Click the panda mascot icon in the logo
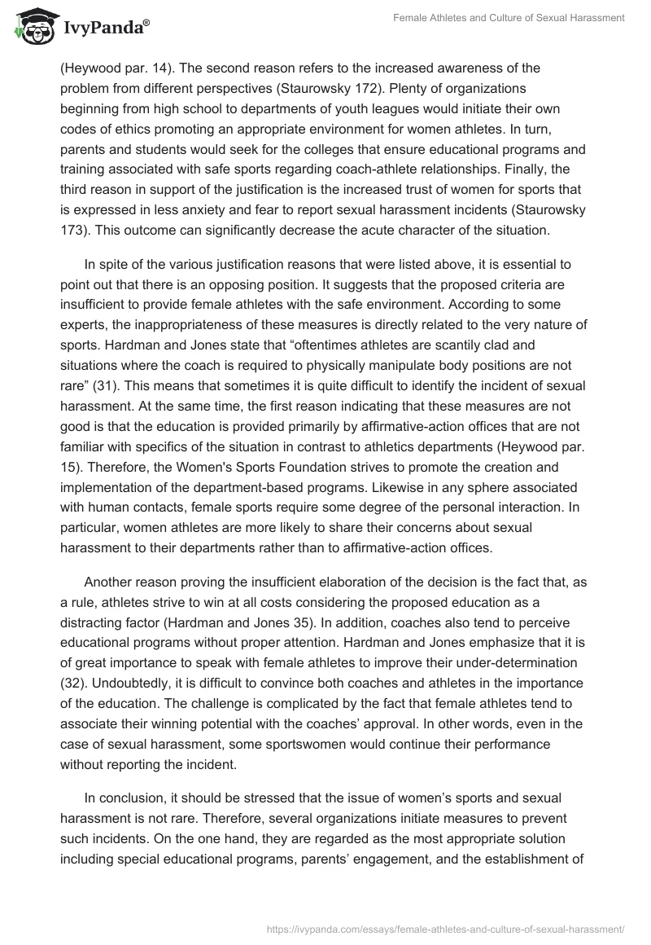pyautogui.click(x=33, y=28)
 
